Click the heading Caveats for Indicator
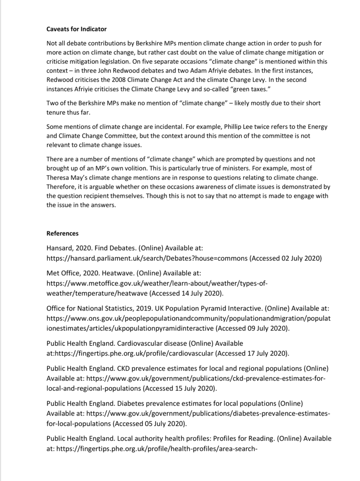click(x=77, y=30)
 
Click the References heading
click(x=62, y=233)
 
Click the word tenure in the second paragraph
click(x=57, y=111)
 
